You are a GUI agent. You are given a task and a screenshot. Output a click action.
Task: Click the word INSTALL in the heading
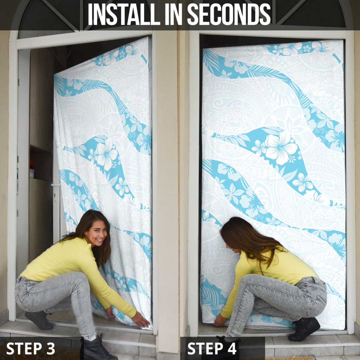coord(124,14)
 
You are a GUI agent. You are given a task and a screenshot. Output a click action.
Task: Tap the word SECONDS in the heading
coord(229,14)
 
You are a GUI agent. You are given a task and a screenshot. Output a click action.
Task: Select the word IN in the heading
coord(174,14)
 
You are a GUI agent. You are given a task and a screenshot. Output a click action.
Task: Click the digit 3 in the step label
coord(50,348)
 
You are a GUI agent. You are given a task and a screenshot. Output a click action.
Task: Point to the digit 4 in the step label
coord(231,348)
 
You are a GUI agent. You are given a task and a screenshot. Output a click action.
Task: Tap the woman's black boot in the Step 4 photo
coord(304,329)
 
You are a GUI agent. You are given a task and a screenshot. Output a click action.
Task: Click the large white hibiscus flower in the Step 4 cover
coord(280,147)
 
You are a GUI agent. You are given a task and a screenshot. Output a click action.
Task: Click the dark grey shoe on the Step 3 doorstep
coord(39,320)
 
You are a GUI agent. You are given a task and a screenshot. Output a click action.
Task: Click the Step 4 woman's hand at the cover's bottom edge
coord(219,320)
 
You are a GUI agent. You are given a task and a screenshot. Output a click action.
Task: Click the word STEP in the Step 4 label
coord(205,348)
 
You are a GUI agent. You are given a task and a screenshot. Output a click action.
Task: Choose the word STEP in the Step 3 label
coord(24,348)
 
